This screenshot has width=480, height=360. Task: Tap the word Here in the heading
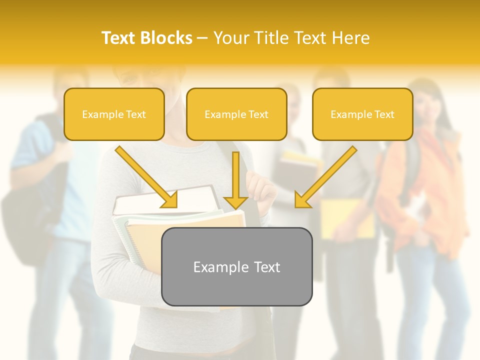(350, 38)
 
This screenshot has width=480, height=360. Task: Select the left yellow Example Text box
(114, 114)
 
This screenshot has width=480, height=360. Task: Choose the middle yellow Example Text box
(236, 114)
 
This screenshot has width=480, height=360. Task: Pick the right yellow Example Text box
(362, 114)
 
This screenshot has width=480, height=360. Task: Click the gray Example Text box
(236, 266)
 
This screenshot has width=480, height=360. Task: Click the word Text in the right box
(384, 114)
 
